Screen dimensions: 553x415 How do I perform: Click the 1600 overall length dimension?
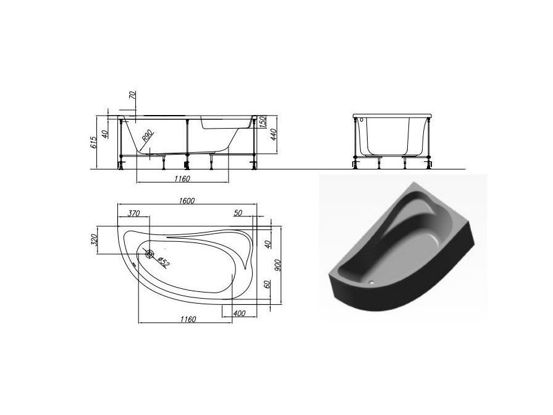187,200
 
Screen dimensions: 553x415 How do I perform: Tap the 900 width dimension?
277,265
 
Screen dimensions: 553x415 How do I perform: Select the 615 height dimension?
93,143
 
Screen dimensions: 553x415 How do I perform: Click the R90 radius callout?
148,135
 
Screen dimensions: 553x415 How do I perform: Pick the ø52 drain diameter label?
163,262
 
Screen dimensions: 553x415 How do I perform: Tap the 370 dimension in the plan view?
133,213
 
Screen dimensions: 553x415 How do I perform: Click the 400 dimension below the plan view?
240,314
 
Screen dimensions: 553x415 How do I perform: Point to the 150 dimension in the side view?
262,122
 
